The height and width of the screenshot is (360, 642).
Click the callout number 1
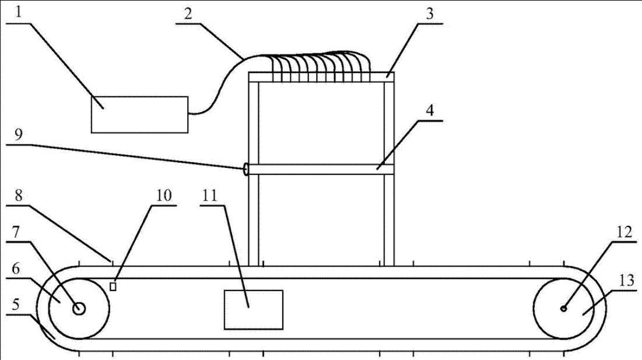point(20,13)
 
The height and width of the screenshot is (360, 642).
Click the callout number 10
point(165,195)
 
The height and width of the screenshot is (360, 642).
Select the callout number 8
point(20,195)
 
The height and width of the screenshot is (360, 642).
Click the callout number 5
point(20,305)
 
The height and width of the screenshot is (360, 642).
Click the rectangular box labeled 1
point(139,114)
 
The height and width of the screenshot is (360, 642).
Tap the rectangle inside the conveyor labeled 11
point(253,309)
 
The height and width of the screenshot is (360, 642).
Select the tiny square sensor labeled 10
point(113,286)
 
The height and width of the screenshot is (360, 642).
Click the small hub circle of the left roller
point(79,309)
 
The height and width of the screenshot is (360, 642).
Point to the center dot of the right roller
point(563,309)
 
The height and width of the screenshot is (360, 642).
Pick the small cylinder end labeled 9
point(247,169)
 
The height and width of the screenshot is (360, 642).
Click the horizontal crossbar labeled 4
point(321,169)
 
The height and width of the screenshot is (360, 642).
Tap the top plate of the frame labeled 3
point(321,76)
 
